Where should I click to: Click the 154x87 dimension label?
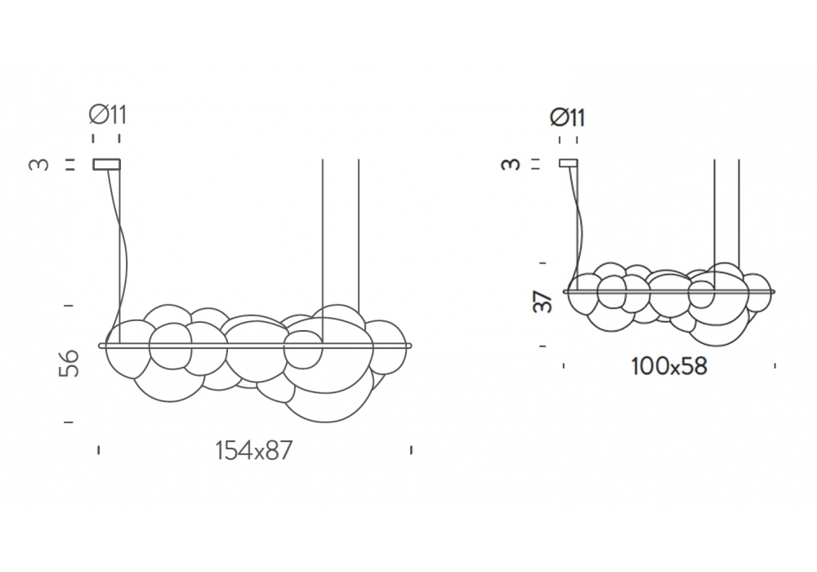(254, 450)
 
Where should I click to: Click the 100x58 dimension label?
(669, 366)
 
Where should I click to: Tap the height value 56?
(69, 363)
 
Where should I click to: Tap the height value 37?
(543, 302)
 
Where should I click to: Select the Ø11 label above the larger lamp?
(108, 114)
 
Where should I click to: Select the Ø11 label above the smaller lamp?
(568, 117)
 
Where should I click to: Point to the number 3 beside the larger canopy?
(39, 164)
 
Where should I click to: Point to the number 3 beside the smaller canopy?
(511, 163)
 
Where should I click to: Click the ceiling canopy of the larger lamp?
(107, 164)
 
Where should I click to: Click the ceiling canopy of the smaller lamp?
(568, 163)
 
